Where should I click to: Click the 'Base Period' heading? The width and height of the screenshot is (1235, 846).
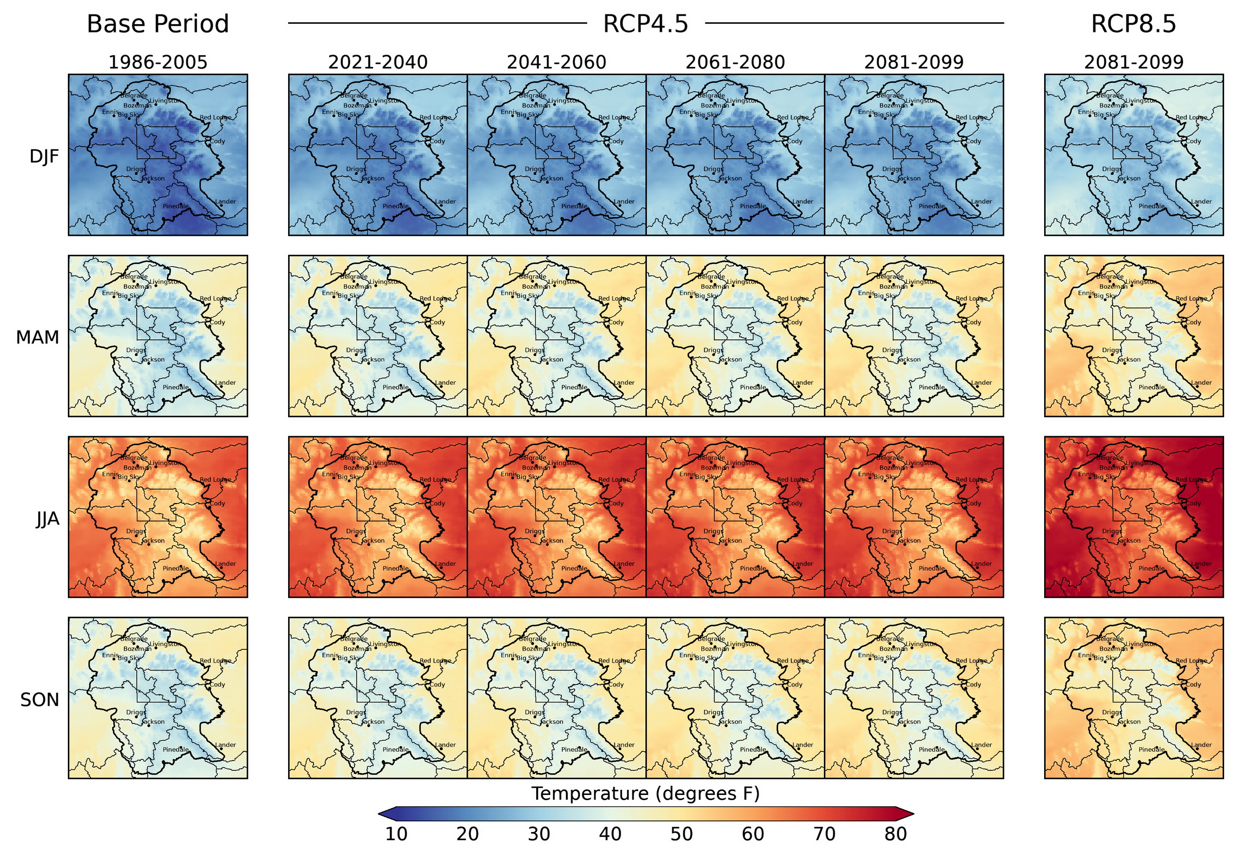tap(157, 24)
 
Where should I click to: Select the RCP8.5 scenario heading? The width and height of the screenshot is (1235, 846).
tap(1133, 24)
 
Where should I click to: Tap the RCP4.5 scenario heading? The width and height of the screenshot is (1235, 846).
tap(645, 24)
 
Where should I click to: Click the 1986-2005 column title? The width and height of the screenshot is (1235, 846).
tap(157, 62)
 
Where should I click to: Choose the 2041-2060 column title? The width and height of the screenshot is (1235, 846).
tap(556, 62)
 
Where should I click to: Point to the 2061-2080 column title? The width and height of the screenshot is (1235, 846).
tap(734, 62)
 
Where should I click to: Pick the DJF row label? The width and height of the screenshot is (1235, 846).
tap(44, 157)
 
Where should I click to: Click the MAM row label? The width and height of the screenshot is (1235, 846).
tap(37, 337)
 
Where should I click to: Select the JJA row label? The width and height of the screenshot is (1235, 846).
tap(47, 519)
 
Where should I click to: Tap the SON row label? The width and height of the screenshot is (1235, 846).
tap(39, 700)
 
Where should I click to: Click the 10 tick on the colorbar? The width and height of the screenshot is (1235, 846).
tap(396, 834)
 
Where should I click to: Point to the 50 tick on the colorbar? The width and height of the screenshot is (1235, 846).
tap(681, 834)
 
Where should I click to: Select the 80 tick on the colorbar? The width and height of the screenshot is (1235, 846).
tap(895, 834)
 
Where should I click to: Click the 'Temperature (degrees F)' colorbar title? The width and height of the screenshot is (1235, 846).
tap(645, 793)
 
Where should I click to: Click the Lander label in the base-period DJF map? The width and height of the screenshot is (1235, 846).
tap(226, 201)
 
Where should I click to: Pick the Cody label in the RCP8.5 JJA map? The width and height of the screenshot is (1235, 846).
tap(1193, 503)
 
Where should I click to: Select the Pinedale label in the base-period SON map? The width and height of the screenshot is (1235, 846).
tap(176, 749)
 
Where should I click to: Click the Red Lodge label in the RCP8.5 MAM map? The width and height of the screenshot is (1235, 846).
tap(1191, 298)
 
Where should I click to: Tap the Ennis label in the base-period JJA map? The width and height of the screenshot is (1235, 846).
tap(110, 474)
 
